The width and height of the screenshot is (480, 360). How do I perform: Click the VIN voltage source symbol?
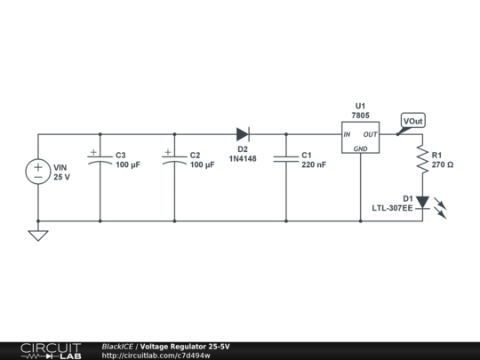38,172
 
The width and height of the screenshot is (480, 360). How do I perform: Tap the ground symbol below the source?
38,235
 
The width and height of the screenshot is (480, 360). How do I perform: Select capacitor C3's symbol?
100,157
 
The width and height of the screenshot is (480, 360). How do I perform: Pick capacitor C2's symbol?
174,157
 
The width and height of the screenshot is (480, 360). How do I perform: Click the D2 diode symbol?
243,134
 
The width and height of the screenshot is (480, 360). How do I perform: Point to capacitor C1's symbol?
286,158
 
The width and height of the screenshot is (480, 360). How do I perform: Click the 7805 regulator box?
361,139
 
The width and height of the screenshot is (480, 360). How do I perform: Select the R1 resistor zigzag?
423,160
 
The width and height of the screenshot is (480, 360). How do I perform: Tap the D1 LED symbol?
423,203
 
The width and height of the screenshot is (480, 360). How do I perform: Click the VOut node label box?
413,121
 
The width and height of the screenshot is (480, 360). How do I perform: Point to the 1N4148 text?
243,160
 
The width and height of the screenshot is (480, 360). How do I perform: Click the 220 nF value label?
314,165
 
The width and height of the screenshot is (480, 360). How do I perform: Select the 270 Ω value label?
443,165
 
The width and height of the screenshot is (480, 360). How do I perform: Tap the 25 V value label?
61,178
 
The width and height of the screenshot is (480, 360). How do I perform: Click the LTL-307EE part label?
392,209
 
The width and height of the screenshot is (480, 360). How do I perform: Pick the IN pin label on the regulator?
348,135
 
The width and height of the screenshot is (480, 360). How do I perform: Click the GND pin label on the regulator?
361,148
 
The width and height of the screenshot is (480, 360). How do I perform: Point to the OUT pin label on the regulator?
371,135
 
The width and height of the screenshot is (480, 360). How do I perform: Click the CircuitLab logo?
50,350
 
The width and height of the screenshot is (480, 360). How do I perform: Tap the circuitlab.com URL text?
156,356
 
